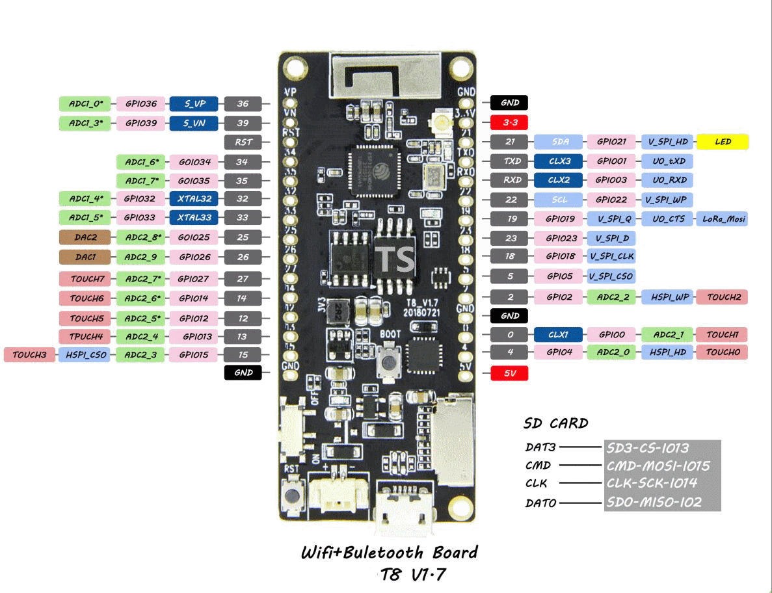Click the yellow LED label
723,142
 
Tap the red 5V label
510,373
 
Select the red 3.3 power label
510,122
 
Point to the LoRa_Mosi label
723,219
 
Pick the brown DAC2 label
85,237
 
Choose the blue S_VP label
194,103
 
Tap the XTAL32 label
194,198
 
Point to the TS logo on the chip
396,259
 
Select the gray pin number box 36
243,103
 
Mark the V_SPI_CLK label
611,257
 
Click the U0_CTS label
668,219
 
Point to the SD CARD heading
556,425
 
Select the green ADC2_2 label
611,297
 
